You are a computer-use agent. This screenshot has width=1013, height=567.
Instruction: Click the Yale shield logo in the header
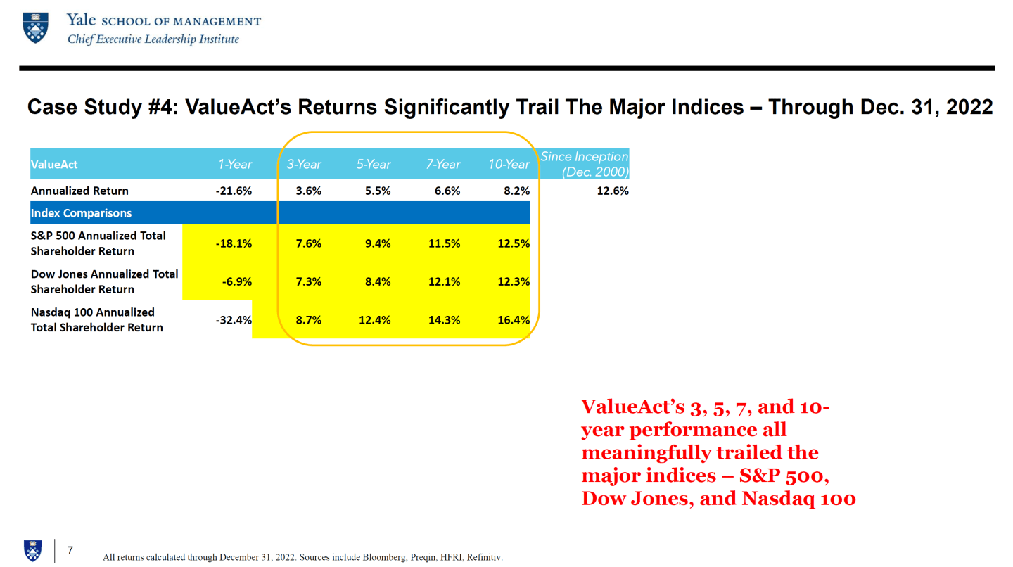pos(36,27)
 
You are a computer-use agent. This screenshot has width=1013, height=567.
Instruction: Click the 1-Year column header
pos(234,165)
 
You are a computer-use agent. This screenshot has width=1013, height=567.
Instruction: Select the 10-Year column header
pos(509,165)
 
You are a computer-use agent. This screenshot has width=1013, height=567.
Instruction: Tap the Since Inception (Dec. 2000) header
pos(584,164)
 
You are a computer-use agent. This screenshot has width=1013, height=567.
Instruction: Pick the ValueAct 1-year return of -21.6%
pos(234,191)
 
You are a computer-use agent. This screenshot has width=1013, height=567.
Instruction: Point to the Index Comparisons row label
pos(81,212)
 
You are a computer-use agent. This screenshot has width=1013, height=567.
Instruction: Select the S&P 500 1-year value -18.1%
pos(234,243)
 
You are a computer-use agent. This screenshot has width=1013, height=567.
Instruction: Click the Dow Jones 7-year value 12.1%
pos(444,281)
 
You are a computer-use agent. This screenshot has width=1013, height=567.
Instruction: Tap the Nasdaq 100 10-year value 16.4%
pos(513,320)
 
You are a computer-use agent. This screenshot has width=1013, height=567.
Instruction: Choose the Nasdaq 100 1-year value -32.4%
pos(234,320)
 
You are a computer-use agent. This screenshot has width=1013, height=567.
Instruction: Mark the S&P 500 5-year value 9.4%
pos(378,243)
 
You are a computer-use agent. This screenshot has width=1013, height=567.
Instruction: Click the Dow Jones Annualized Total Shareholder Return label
pos(104,281)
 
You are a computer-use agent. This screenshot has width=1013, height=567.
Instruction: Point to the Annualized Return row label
pos(79,191)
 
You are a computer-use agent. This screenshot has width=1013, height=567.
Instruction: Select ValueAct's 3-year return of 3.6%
pos(309,191)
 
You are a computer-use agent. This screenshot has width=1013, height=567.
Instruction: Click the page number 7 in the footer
pos(70,550)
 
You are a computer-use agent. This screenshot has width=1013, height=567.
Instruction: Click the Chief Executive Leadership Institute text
pos(153,39)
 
